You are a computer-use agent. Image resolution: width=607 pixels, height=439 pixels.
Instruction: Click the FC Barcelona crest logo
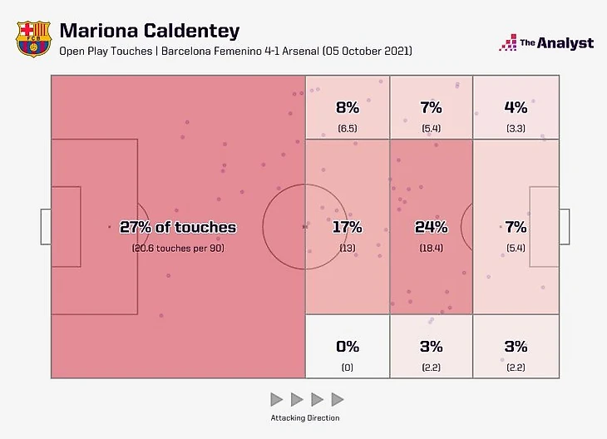(x=32, y=39)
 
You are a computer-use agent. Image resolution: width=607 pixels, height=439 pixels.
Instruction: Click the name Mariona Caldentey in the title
(x=149, y=31)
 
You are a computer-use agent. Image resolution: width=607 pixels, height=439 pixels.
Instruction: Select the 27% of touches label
(x=178, y=227)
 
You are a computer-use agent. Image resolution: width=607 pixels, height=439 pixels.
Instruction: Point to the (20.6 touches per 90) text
(x=178, y=248)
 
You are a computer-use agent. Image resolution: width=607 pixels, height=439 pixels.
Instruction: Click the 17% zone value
(x=348, y=227)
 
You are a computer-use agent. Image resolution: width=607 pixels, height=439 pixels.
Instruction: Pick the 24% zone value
(x=431, y=227)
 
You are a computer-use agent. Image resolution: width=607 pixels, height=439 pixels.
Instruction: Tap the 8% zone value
(x=348, y=106)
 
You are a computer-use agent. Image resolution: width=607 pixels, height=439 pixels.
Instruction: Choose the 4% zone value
(x=515, y=106)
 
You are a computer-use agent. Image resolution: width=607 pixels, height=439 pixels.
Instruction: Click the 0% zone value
(x=348, y=347)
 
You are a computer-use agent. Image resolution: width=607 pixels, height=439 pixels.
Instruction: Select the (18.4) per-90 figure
(x=431, y=248)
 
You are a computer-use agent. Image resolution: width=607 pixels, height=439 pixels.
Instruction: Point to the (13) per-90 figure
(x=348, y=248)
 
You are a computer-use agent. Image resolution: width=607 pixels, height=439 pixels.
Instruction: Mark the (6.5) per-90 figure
(x=348, y=128)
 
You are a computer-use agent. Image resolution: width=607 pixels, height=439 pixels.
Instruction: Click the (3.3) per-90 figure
(x=515, y=128)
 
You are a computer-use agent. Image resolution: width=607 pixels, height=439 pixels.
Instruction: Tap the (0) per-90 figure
(x=348, y=367)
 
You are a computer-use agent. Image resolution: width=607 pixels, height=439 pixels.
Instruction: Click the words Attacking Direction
(x=305, y=417)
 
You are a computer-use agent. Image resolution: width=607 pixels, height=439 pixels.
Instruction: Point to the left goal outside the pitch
(x=46, y=227)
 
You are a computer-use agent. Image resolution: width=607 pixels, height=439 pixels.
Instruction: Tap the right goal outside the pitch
(x=564, y=227)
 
